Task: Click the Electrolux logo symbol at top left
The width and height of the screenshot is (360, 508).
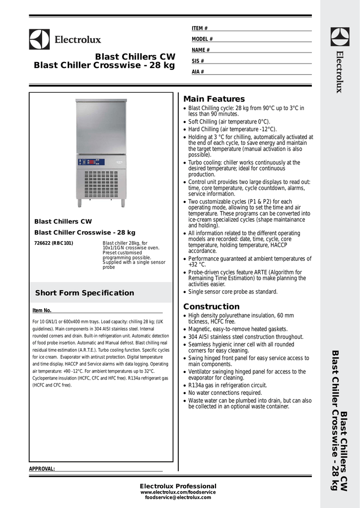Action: point(39,39)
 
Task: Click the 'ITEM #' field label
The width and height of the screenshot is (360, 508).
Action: point(200,28)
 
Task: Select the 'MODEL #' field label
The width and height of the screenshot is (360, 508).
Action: point(202,39)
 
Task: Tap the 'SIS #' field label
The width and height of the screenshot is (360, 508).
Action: point(198,61)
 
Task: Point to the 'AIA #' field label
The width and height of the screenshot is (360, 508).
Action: point(198,72)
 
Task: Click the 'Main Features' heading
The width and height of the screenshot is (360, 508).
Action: point(214,99)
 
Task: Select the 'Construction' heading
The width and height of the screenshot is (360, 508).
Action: point(212,307)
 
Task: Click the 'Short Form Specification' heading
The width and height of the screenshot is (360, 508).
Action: point(84,293)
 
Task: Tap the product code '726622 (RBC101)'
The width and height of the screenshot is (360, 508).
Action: point(54,243)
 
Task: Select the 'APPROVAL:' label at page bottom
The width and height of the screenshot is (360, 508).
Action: point(42,469)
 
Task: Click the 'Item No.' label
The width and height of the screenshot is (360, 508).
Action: point(42,311)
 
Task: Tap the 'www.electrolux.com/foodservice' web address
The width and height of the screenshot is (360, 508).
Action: point(178,492)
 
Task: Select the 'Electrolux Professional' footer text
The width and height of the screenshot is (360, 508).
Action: point(178,486)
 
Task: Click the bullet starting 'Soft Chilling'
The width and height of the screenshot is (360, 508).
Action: point(229,122)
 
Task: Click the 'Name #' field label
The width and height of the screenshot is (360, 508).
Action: point(201,50)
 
